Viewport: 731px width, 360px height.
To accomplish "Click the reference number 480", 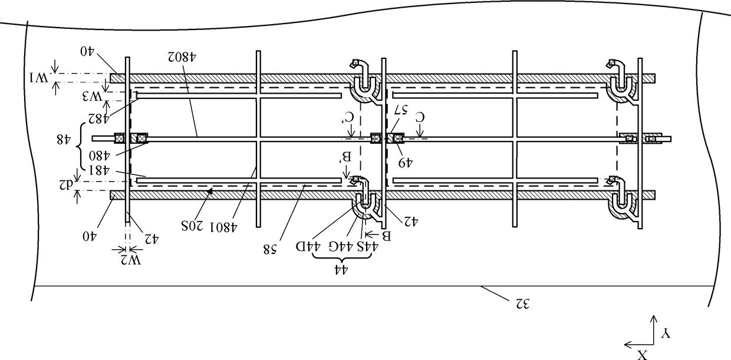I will pyautogui.click(x=99, y=157).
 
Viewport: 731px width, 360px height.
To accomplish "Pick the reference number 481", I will pyautogui.click(x=98, y=170).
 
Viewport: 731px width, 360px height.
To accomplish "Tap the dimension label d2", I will pyautogui.click(x=65, y=182).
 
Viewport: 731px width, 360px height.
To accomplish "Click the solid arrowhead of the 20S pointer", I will pyautogui.click(x=209, y=191).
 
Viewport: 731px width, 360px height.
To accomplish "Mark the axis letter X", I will pyautogui.click(x=643, y=354).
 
